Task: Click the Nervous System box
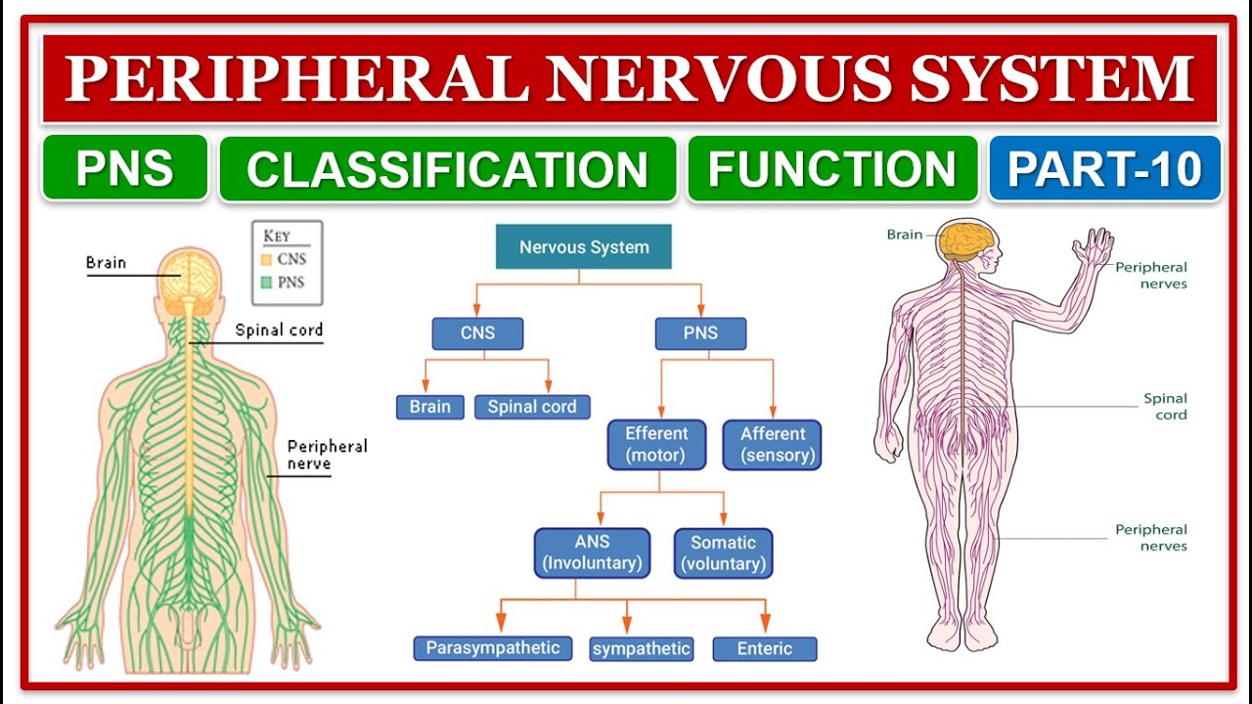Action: tap(584, 247)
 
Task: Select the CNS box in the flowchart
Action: tap(477, 333)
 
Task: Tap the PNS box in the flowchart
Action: tap(700, 333)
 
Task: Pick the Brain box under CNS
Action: tap(430, 407)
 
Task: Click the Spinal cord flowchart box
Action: tap(532, 407)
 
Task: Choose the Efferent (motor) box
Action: tap(656, 445)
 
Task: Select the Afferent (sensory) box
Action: tap(772, 445)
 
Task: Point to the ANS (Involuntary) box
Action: tap(592, 553)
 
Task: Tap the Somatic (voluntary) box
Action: tap(723, 553)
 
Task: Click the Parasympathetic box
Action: tap(492, 648)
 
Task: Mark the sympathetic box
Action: tap(642, 648)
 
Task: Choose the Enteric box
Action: tap(764, 648)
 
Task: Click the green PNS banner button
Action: tap(125, 168)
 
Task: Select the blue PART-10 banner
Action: tap(1104, 168)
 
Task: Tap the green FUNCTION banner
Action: tap(832, 168)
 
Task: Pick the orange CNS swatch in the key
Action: tap(265, 260)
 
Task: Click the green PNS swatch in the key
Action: tap(265, 283)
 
